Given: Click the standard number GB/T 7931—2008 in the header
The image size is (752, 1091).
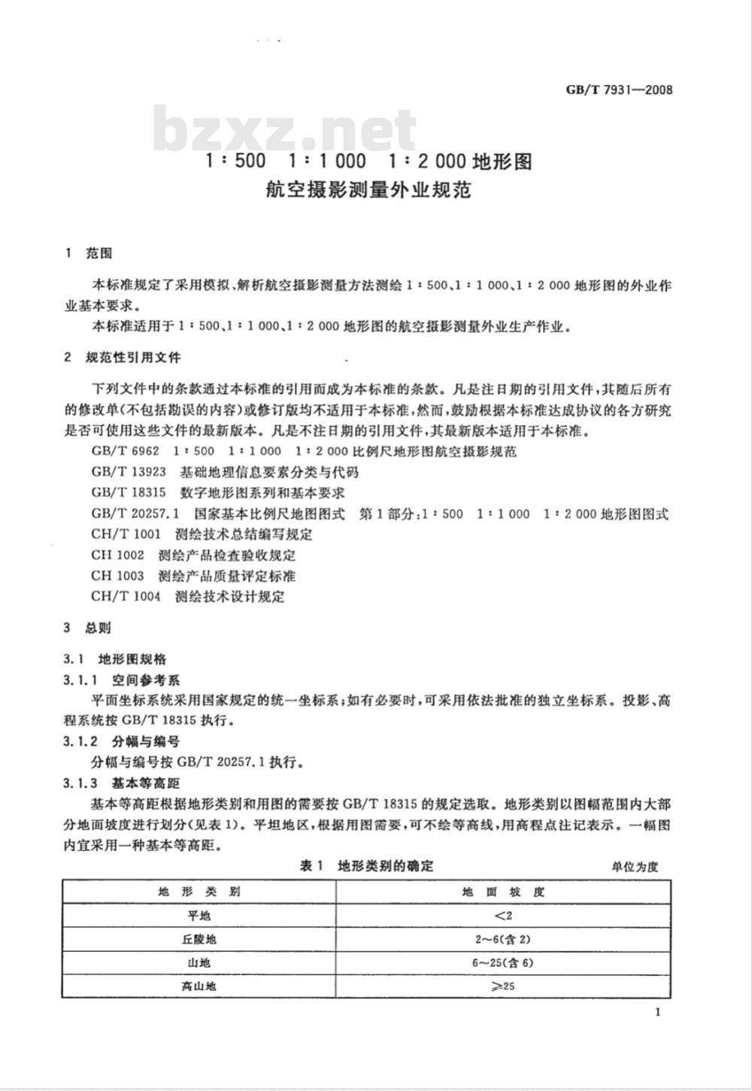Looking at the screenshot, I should pos(618,90).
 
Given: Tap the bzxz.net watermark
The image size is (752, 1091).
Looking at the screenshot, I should pos(285,130).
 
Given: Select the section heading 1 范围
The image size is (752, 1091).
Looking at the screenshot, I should pos(89,253).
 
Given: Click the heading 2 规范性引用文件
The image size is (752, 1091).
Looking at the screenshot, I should pos(123,357).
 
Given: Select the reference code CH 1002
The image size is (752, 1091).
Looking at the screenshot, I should pos(117,556).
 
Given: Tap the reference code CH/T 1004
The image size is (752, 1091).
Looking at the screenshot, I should pos(126,597).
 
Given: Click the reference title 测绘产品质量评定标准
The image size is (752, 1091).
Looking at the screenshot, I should pos(227,576).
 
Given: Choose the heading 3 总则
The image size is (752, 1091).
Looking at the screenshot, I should pos(88,628).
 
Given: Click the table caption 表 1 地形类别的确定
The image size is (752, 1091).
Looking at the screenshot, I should pos(367,866).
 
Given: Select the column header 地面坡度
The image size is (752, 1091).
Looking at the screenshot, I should pos(503,892).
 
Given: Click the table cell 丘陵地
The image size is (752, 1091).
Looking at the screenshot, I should pos(199,940).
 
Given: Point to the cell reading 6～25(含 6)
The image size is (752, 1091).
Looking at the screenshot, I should pos(503,963).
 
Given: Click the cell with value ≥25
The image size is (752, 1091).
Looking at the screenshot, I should pos(503,986).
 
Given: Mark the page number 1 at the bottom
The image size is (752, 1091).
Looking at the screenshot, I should pos(658,1012).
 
